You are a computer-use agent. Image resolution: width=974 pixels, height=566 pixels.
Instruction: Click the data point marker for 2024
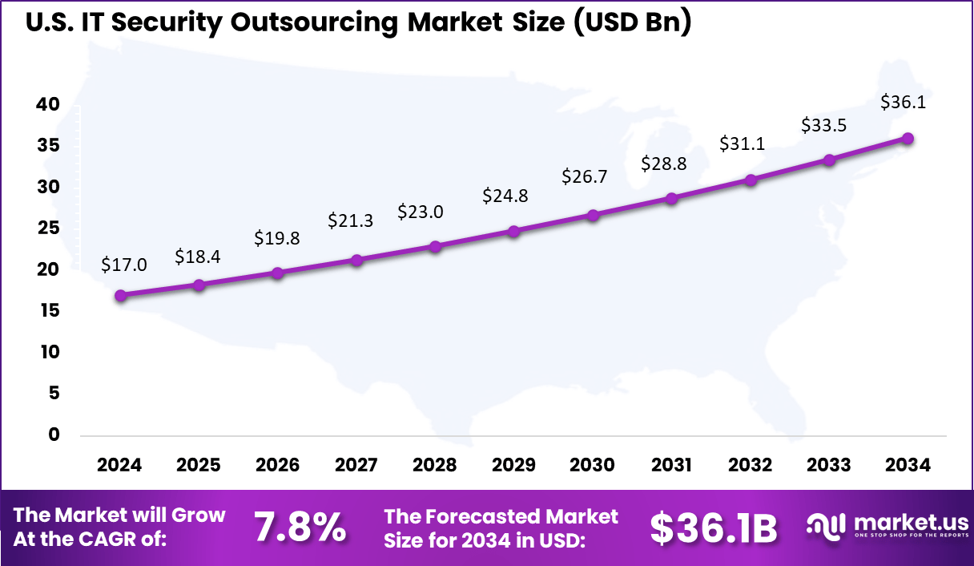121,296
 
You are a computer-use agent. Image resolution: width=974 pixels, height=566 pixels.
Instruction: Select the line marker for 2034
908,139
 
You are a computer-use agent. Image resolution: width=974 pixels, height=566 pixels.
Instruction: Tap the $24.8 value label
505,195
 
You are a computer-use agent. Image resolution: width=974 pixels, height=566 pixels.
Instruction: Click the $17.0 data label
124,265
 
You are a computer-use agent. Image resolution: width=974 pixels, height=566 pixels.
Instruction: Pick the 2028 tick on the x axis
434,466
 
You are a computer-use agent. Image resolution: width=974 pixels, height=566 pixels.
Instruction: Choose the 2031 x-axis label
671,466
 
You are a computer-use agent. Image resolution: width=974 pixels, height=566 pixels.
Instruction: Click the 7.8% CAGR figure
300,528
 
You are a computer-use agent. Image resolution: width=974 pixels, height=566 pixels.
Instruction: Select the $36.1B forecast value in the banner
714,528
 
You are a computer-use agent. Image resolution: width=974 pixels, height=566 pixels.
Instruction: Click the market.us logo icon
826,526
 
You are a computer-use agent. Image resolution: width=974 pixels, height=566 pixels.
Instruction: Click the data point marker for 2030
593,216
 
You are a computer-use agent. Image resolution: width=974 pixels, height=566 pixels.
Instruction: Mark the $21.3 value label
350,220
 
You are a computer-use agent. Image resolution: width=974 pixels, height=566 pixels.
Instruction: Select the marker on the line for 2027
357,261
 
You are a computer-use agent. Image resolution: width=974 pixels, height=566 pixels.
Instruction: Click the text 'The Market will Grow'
120,515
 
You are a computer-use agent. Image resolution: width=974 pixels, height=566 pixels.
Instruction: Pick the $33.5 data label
824,125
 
